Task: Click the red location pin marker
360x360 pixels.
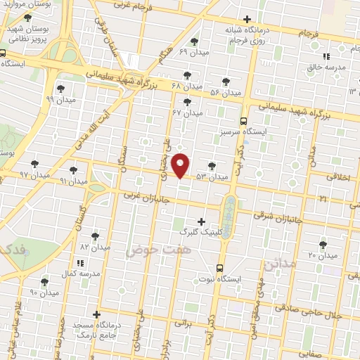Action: (181, 165)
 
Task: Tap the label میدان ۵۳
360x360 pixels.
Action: (213, 176)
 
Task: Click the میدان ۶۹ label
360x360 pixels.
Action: (193, 53)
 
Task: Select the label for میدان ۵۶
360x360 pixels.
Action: (225, 92)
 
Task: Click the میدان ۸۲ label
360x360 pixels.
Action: (96, 247)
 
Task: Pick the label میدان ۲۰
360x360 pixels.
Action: (323, 255)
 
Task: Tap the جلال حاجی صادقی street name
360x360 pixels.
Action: (309, 312)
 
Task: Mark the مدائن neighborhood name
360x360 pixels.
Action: (276, 266)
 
